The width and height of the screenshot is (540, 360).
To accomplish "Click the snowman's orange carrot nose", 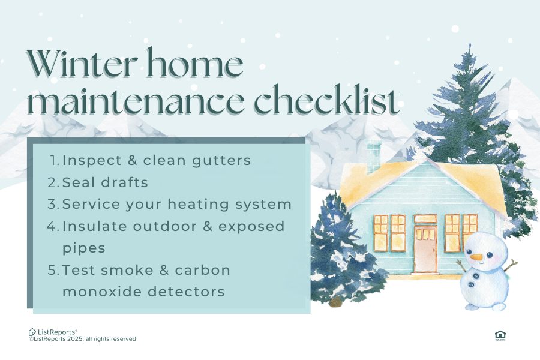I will (x=476, y=257).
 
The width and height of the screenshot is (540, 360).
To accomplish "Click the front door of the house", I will (x=425, y=249).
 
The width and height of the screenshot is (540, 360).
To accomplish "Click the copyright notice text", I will (x=82, y=340).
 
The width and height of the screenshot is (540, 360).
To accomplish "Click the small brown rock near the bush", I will (x=334, y=302).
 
